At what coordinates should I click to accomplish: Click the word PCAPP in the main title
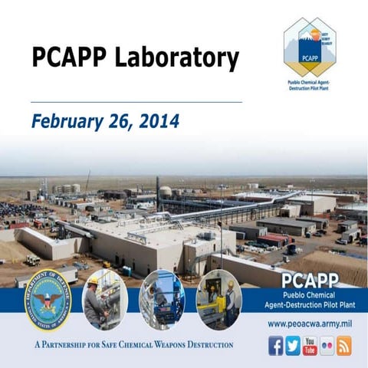point(69,58)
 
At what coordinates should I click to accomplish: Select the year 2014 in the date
point(159,121)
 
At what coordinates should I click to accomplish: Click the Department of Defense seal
point(48,301)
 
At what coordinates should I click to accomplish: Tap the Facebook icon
point(276,345)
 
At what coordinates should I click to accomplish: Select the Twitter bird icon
point(293,345)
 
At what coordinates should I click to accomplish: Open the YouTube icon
point(310,345)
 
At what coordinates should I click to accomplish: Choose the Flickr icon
point(327,345)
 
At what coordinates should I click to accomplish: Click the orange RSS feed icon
point(344,345)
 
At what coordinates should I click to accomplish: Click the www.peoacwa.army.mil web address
point(310,324)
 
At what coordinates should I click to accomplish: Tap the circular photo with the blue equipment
point(161,299)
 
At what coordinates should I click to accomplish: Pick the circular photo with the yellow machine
point(218,299)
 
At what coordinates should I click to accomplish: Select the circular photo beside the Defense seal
point(105,299)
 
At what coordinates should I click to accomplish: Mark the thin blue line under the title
point(136,101)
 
